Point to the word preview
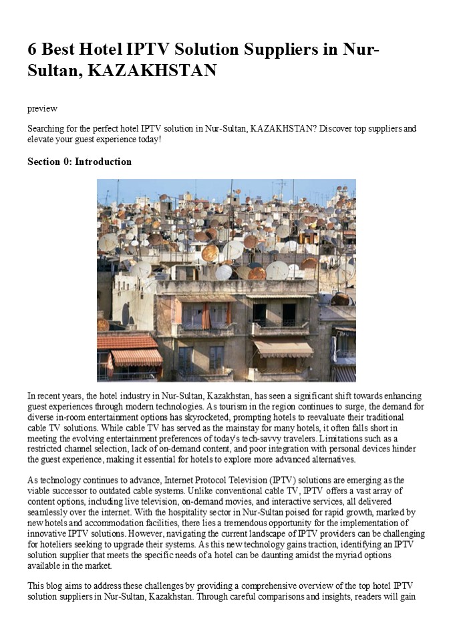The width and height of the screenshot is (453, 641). [x=42, y=108]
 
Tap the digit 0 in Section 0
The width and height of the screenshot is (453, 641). [x=67, y=162]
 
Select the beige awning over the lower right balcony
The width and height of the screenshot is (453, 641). [x=283, y=348]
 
